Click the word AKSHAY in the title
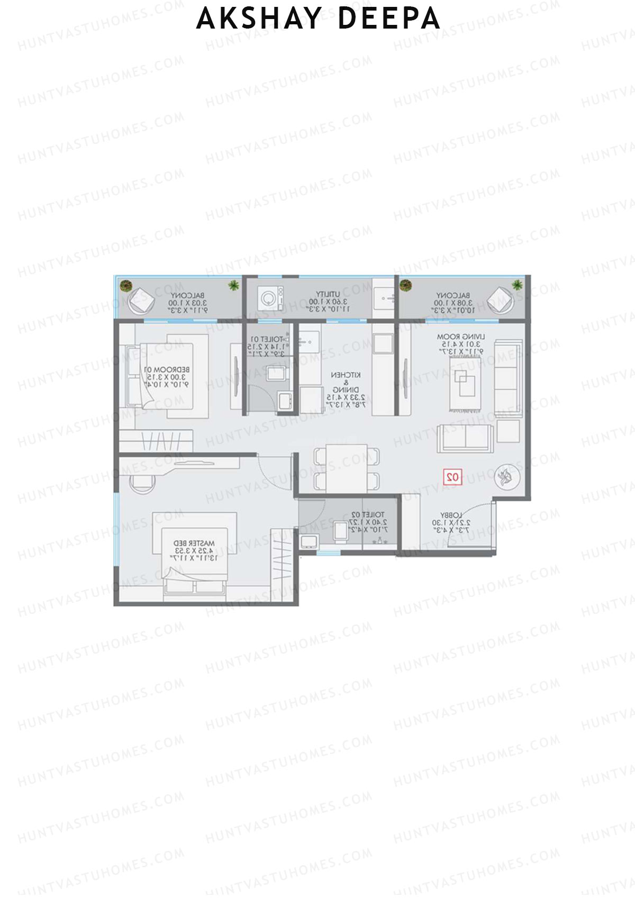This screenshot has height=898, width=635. pos(259,18)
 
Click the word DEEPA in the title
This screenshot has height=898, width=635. pos(388,18)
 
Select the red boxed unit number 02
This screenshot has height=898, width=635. pos(453,477)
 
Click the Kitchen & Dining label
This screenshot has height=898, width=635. pos(346,389)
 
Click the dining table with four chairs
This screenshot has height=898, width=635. pos(347,468)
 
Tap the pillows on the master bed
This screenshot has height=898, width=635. pos(195,586)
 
